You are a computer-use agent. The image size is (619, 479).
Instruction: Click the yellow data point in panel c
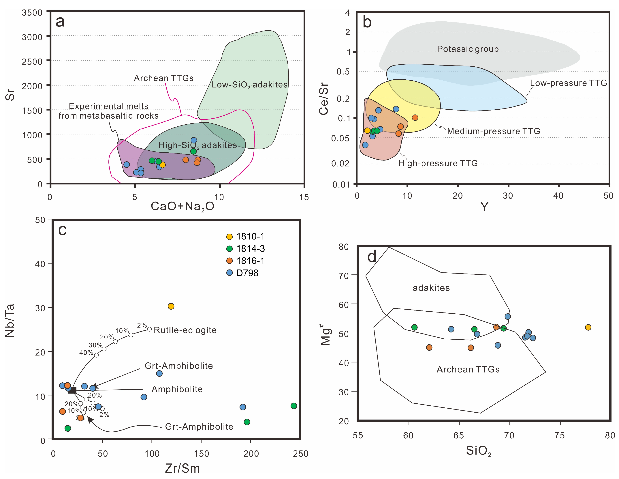(x=171, y=306)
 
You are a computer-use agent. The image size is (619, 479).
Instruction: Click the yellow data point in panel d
(x=588, y=327)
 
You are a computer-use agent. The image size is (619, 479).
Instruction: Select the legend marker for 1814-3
(x=229, y=249)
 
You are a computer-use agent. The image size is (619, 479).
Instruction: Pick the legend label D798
(x=247, y=273)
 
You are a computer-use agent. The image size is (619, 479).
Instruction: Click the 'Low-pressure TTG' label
(x=568, y=83)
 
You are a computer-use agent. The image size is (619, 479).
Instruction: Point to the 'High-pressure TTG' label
(x=438, y=163)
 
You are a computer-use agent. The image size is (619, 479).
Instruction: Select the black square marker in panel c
(x=73, y=390)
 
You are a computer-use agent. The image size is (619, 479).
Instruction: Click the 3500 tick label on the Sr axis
(x=32, y=13)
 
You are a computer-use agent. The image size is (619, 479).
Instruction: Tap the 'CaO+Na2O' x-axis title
(x=182, y=206)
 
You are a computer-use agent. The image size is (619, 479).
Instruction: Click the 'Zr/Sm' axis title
(x=182, y=469)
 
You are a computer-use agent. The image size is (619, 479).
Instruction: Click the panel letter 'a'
(x=60, y=22)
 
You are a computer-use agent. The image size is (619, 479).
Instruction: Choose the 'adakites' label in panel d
(x=431, y=288)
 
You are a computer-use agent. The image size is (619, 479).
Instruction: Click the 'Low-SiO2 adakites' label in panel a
(x=249, y=85)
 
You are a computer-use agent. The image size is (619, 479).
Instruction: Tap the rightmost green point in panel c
(x=294, y=406)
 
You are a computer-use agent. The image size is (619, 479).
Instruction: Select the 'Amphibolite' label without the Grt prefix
(x=177, y=389)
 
